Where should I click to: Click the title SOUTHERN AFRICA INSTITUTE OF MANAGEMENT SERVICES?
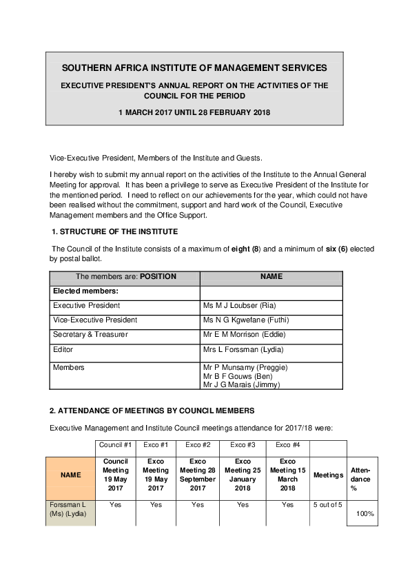pyautogui.click(x=194, y=68)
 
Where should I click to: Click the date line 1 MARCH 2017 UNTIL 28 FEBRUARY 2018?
pyautogui.click(x=194, y=112)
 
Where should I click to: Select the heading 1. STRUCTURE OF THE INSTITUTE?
pyautogui.click(x=115, y=231)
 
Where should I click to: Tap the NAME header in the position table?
pyautogui.click(x=271, y=277)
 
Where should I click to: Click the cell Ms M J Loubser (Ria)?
pyautogui.click(x=241, y=305)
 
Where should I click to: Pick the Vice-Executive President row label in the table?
pyautogui.click(x=95, y=320)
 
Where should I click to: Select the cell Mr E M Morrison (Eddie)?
pyautogui.click(x=244, y=334)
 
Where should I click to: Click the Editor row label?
pyautogui.click(x=63, y=349)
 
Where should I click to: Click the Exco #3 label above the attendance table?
pyautogui.click(x=243, y=445)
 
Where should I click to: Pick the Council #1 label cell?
pyautogui.click(x=116, y=445)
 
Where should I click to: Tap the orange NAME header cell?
pyautogui.click(x=70, y=475)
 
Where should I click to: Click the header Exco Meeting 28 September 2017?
pyautogui.click(x=197, y=475)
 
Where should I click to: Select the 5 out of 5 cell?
pyautogui.click(x=327, y=504)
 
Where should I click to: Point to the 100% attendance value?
pyautogui.click(x=365, y=514)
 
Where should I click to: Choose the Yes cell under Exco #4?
pyautogui.click(x=288, y=504)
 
